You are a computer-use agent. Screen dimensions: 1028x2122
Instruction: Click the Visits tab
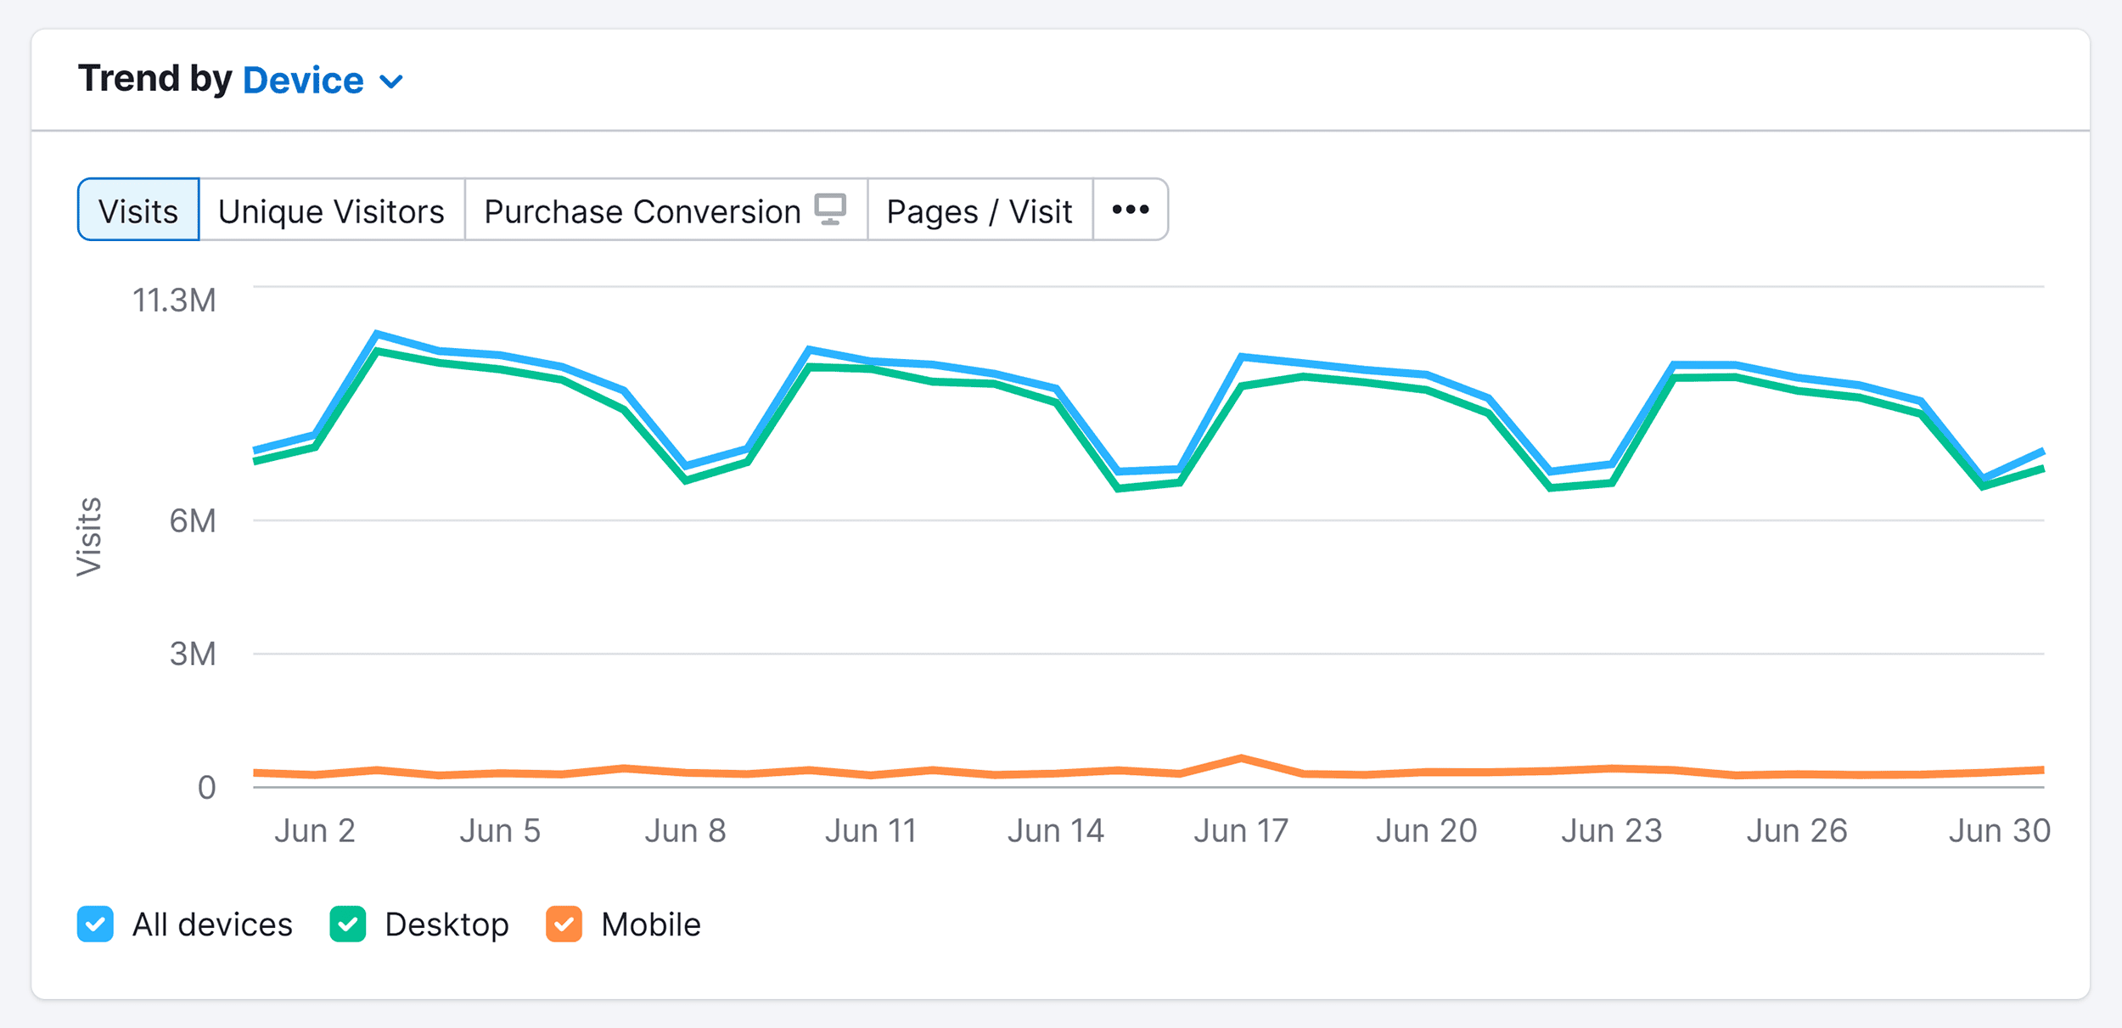click(138, 211)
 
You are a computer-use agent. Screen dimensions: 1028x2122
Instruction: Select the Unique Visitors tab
click(331, 211)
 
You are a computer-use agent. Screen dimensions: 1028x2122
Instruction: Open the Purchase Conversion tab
click(642, 211)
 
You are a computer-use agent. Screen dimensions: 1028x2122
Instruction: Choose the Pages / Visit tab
click(980, 211)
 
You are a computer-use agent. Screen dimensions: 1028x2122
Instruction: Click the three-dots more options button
click(1130, 210)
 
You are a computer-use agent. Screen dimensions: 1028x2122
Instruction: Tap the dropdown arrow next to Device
click(391, 82)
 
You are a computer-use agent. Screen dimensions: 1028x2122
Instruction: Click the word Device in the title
click(303, 81)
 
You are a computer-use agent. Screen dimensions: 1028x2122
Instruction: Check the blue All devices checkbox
click(95, 924)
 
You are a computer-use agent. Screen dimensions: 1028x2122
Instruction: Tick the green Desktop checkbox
click(348, 924)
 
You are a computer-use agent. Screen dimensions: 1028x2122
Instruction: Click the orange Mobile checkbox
click(564, 924)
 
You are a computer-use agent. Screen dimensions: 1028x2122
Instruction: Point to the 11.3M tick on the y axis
click(174, 301)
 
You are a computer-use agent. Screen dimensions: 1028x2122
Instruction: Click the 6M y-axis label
click(193, 520)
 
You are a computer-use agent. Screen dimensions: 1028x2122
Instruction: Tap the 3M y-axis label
click(193, 654)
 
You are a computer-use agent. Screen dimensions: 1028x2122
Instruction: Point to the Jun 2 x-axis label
click(314, 830)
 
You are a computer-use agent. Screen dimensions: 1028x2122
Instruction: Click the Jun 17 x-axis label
click(1241, 830)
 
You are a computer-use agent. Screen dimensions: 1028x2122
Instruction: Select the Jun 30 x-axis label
click(1999, 830)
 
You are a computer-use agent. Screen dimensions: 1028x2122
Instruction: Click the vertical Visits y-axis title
click(89, 536)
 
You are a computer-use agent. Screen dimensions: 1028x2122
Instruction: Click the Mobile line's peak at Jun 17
click(1241, 757)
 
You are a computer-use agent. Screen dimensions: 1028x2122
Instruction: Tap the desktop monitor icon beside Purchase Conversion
click(830, 209)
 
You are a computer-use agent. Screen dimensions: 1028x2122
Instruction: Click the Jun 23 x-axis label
click(1611, 830)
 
